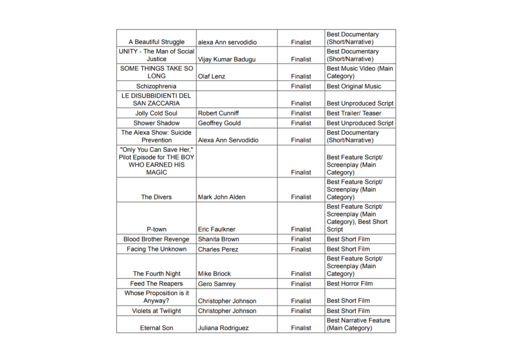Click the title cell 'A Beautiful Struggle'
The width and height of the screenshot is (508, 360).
tap(156, 42)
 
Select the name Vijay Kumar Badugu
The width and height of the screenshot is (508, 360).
tap(227, 60)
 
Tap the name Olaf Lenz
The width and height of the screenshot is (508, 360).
tap(211, 76)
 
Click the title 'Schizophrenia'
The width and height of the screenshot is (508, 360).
tap(156, 86)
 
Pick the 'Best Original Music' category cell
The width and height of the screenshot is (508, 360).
tap(354, 86)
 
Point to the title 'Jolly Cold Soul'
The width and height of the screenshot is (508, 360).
tap(156, 114)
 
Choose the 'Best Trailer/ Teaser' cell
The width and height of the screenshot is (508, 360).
tap(354, 114)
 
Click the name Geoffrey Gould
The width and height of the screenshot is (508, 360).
tap(219, 123)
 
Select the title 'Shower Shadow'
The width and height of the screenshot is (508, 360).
tap(156, 123)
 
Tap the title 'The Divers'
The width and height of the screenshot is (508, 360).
tap(156, 197)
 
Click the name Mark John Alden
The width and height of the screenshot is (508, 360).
tap(221, 197)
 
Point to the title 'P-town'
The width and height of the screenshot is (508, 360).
tap(156, 230)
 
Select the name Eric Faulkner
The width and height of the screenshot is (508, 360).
tap(217, 230)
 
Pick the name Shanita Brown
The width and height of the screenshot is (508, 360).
tap(218, 240)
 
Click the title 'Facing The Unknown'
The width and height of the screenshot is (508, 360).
tap(156, 249)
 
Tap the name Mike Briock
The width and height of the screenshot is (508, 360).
tap(214, 274)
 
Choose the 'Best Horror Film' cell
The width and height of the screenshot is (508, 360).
tap(350, 284)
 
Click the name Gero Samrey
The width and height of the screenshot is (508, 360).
tap(217, 284)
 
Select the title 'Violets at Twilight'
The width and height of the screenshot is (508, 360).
tap(156, 311)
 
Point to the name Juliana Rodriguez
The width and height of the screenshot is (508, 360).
tap(223, 328)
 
